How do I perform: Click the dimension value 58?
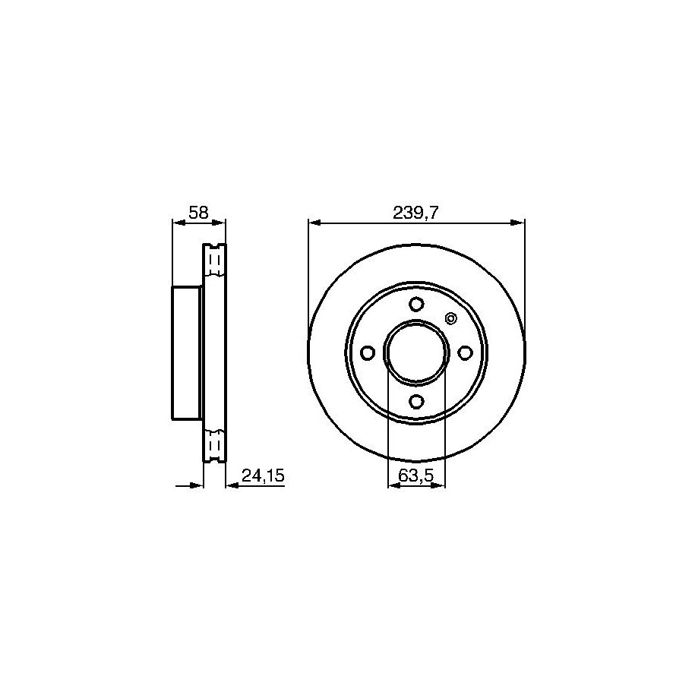[198, 213]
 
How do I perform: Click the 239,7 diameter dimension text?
[415, 213]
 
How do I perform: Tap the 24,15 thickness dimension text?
[262, 476]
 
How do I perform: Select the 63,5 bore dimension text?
[415, 476]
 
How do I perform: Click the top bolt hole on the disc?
[416, 304]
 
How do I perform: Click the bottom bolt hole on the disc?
[416, 402]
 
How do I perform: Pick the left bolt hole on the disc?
[368, 353]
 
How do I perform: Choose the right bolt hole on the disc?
[465, 353]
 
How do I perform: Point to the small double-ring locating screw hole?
[450, 318]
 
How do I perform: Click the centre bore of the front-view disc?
[416, 353]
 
